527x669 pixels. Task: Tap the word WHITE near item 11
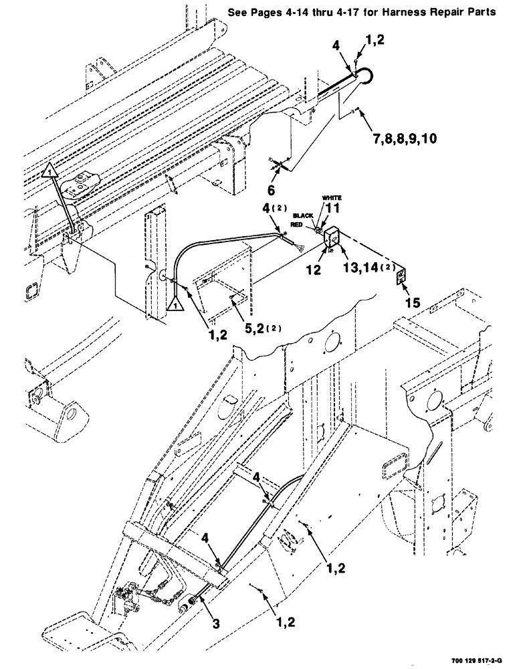point(332,198)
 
